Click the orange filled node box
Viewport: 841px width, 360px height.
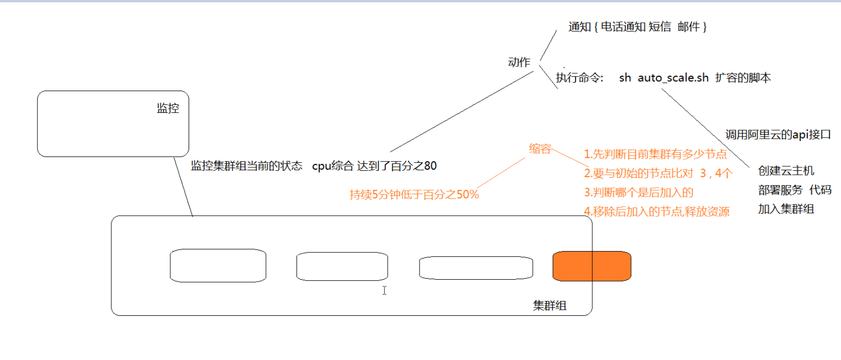pos(592,266)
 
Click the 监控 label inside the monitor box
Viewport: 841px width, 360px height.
pos(168,108)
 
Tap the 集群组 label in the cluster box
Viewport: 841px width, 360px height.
pos(550,306)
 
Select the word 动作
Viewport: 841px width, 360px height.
pos(519,62)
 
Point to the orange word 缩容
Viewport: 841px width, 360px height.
pos(540,149)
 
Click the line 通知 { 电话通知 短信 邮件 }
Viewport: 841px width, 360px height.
pos(637,27)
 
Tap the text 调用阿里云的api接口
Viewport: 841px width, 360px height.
pos(778,135)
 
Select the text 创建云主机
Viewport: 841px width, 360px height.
pos(786,171)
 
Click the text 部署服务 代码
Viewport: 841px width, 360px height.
pos(795,190)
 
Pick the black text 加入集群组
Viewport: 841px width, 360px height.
pos(786,209)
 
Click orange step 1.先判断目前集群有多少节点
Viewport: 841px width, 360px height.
pos(655,154)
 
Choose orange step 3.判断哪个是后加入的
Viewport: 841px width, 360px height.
pos(639,193)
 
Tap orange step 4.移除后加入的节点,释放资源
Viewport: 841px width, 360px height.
pos(656,212)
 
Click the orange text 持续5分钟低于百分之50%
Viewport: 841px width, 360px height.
pos(414,195)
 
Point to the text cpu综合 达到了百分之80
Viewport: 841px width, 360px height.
pos(374,166)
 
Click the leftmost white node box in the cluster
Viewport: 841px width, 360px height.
pos(218,265)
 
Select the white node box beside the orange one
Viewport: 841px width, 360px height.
pos(476,268)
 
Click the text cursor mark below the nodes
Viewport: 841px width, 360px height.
pos(384,291)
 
